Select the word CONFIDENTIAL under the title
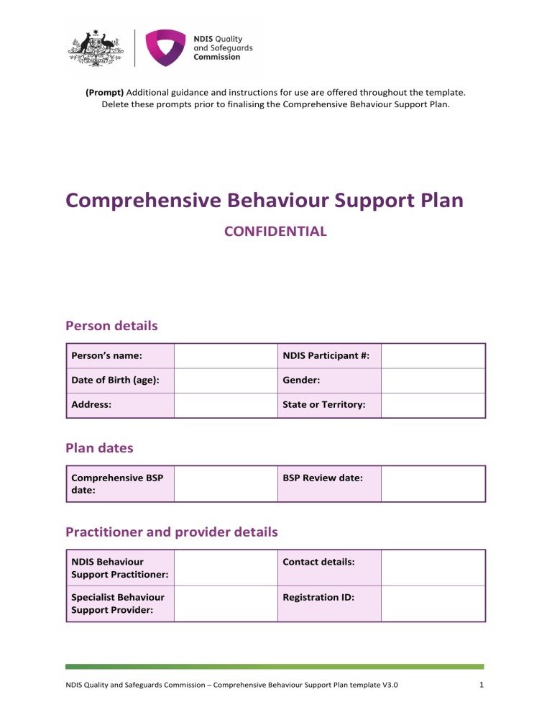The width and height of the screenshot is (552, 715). (x=275, y=232)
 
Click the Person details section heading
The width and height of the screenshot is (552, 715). (x=111, y=326)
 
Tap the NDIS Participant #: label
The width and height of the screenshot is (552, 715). (x=320, y=355)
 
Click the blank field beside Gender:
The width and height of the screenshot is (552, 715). (x=433, y=380)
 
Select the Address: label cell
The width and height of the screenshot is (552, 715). (x=91, y=405)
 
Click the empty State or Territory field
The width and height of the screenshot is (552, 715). (x=433, y=405)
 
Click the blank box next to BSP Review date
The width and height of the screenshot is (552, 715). (x=433, y=483)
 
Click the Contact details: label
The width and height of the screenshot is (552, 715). (x=318, y=561)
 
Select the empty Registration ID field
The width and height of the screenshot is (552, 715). (x=433, y=603)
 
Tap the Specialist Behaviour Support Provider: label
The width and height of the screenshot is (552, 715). (x=111, y=603)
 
